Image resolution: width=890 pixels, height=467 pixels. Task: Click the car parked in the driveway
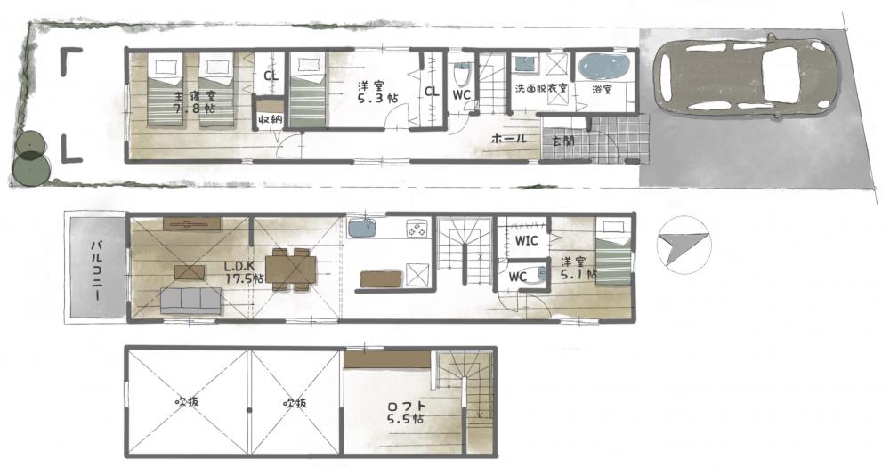pyautogui.click(x=745, y=76)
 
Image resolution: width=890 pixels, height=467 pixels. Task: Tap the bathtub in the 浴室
pyautogui.click(x=604, y=67)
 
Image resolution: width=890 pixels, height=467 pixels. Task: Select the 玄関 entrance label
pyautogui.click(x=562, y=141)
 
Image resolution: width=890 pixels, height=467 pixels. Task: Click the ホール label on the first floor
pyautogui.click(x=508, y=138)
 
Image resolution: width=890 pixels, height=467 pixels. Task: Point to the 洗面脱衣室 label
pyautogui.click(x=541, y=89)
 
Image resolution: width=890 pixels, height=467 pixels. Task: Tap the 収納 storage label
pyautogui.click(x=269, y=120)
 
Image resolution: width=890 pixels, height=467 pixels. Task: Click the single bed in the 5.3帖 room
pyautogui.click(x=308, y=90)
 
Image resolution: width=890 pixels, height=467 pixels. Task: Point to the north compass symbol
pyautogui.click(x=684, y=245)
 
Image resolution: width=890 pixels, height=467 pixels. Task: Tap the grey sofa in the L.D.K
pyautogui.click(x=190, y=301)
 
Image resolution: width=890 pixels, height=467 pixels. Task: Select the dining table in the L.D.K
pyautogui.click(x=290, y=270)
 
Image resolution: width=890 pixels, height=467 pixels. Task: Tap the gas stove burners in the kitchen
pyautogui.click(x=416, y=229)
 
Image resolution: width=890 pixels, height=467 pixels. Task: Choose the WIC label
pyautogui.click(x=526, y=240)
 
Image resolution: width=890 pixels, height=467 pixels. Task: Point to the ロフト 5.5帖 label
pyautogui.click(x=405, y=413)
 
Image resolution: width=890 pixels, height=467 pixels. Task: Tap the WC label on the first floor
pyautogui.click(x=461, y=95)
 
